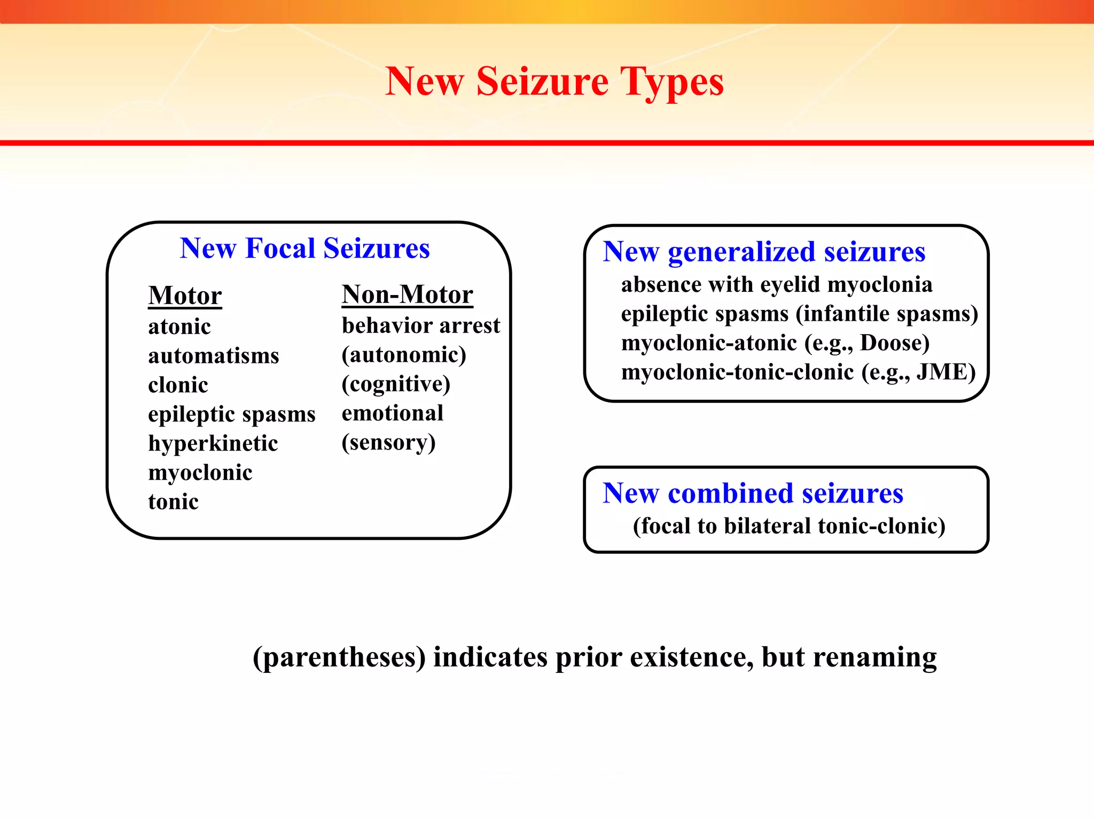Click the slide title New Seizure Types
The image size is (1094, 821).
coord(554,82)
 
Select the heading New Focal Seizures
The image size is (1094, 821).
coord(304,249)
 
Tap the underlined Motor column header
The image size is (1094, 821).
coord(185,296)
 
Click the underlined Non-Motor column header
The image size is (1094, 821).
coord(407,295)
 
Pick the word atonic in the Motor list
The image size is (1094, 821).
coord(179,327)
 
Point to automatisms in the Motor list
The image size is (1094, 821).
coord(214,356)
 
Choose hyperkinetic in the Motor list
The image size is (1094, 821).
coord(213,444)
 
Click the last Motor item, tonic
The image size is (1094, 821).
coord(173,502)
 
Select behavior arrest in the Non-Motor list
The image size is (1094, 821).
coord(421,326)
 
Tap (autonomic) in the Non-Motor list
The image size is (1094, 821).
coord(404,355)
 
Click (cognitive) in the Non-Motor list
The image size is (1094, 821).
coord(396,384)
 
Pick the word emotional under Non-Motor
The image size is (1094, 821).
coord(393,413)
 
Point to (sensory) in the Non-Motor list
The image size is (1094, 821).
coord(388,443)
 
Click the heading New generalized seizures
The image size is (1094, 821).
coord(764,252)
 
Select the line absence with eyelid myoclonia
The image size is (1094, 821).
coord(777,285)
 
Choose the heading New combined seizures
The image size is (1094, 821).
coord(753,493)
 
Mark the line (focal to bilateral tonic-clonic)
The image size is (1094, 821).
coord(789,526)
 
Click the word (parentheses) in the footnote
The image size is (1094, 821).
coord(339,657)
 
